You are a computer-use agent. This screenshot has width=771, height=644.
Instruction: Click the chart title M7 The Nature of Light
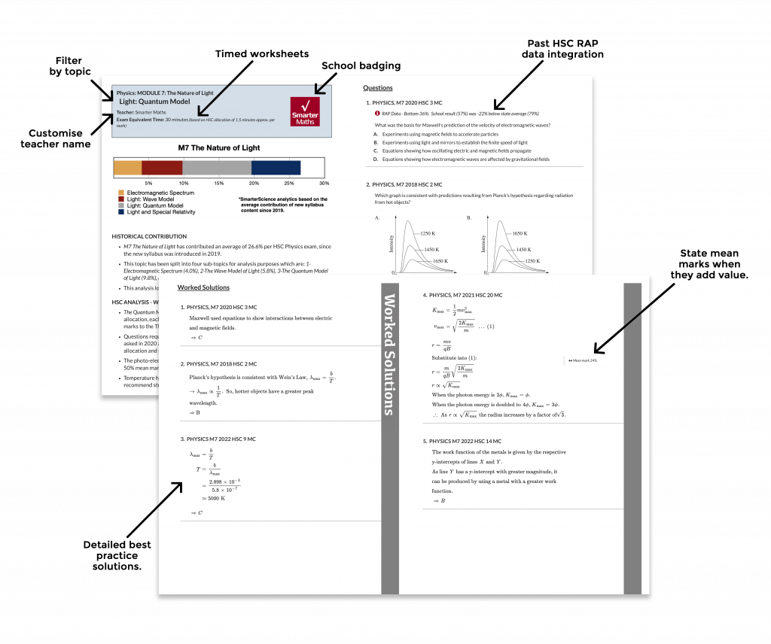coord(218,147)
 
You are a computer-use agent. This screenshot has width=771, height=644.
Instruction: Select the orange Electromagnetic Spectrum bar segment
coord(127,168)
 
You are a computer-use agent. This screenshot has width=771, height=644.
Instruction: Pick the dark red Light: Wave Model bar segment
coord(162,168)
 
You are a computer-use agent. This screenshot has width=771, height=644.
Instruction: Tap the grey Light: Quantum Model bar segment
coord(217,168)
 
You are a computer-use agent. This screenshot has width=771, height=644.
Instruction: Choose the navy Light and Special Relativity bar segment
coord(276,168)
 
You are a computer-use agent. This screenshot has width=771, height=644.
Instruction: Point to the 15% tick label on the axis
coord(218,184)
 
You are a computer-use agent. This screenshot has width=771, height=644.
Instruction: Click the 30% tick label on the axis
coord(324,184)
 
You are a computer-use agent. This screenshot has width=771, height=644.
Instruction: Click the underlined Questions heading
coord(377,88)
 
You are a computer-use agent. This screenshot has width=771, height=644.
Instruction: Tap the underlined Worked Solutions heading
coord(203,287)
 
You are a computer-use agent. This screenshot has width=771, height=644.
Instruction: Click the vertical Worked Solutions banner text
coord(389,354)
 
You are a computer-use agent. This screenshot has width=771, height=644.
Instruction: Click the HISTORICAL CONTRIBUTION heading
coord(149,236)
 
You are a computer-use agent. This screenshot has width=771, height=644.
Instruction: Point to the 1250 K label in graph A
coord(431,233)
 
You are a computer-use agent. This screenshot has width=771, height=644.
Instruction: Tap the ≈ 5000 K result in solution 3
coord(215,498)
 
